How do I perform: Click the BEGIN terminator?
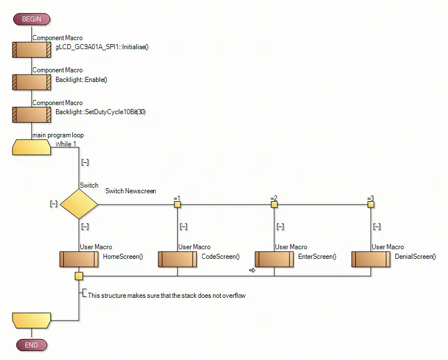(31, 19)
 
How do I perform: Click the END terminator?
(31, 345)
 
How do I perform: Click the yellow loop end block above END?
(32, 320)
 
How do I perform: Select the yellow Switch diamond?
(79, 204)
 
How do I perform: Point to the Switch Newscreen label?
(130, 191)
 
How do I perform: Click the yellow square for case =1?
(177, 204)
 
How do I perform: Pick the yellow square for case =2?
(274, 204)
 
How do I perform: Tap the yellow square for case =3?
(371, 204)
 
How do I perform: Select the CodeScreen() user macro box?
(177, 259)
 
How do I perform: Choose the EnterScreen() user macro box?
(274, 259)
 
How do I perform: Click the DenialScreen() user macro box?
(371, 259)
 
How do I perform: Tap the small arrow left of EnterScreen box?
(252, 271)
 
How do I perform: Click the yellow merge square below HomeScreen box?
(79, 276)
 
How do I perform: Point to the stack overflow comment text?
(166, 296)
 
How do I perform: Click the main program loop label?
(58, 135)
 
